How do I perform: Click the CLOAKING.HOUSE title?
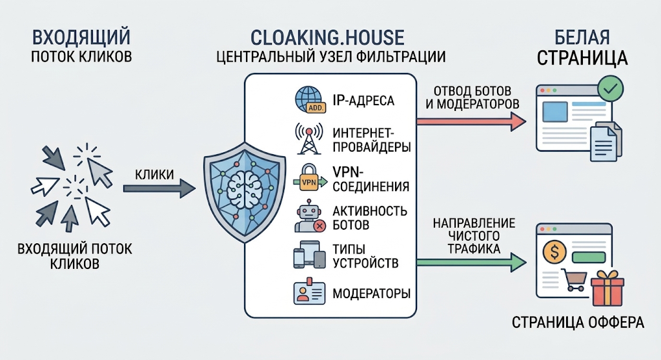pyautogui.click(x=327, y=37)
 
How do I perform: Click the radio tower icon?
pyautogui.click(x=309, y=138)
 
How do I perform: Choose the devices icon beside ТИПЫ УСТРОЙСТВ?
pyautogui.click(x=309, y=255)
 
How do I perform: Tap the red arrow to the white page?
pyautogui.click(x=471, y=121)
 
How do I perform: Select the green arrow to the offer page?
pyautogui.click(x=471, y=262)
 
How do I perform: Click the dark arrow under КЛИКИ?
pyautogui.click(x=159, y=188)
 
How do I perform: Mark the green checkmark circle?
pyautogui.click(x=611, y=88)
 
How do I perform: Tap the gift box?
pyautogui.click(x=607, y=289)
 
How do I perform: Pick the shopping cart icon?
pyautogui.click(x=574, y=280)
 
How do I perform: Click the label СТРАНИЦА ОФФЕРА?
pyautogui.click(x=578, y=323)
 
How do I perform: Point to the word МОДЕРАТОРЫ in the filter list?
pyautogui.click(x=371, y=294)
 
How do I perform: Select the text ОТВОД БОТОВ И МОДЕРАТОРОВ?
pyautogui.click(x=472, y=97)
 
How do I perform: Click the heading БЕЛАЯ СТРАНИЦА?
pyautogui.click(x=582, y=48)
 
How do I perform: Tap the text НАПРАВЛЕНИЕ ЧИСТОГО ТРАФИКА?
pyautogui.click(x=474, y=235)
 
